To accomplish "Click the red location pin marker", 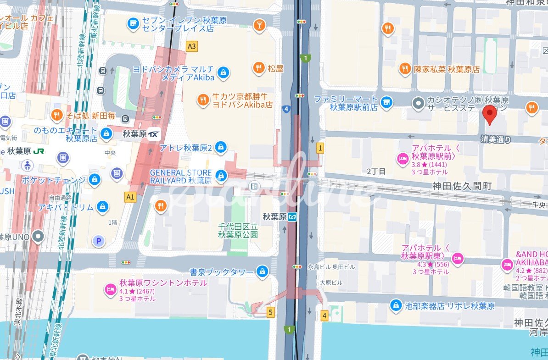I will point(491,114).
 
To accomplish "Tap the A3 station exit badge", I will point(192,46).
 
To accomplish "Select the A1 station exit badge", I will point(131,197).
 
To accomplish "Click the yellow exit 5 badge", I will point(271,313).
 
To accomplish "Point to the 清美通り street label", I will point(496,139).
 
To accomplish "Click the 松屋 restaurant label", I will point(276,69).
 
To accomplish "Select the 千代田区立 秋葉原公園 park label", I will point(238,230).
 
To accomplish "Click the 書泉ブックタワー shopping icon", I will point(262,272).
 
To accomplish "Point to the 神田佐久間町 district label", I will point(461,186).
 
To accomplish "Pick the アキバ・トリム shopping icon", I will point(103,207).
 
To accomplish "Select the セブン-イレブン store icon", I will point(133,23).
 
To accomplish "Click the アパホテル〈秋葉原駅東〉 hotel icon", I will point(457,259).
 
